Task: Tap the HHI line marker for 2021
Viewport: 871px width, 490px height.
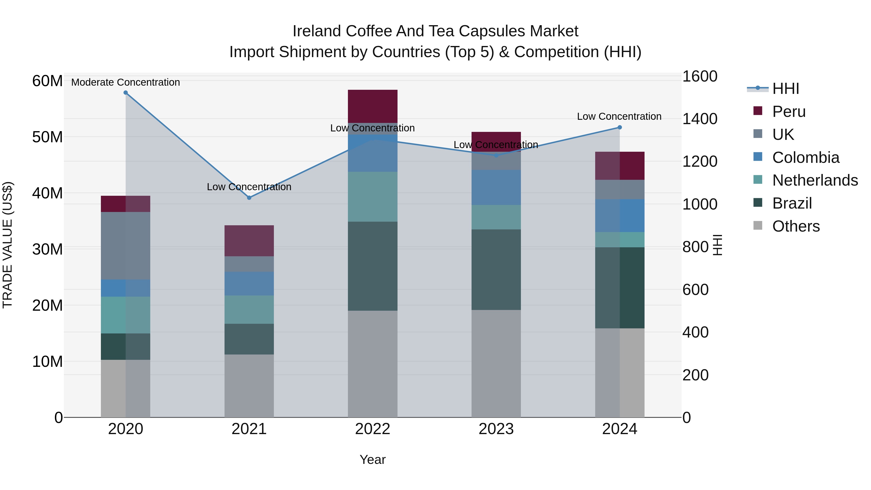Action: click(249, 198)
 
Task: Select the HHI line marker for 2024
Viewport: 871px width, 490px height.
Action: click(620, 128)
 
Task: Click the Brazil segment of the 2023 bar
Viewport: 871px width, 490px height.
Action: click(496, 270)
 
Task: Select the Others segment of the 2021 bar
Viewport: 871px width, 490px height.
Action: click(249, 385)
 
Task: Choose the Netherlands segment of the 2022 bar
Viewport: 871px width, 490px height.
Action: click(373, 196)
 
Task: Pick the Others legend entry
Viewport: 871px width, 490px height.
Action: click(796, 226)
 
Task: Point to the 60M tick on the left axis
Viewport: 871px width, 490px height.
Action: click(47, 81)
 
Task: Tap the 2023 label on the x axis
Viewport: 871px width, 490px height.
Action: click(496, 429)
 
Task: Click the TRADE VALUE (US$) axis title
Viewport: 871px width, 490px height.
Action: click(8, 245)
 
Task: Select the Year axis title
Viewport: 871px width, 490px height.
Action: click(373, 460)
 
